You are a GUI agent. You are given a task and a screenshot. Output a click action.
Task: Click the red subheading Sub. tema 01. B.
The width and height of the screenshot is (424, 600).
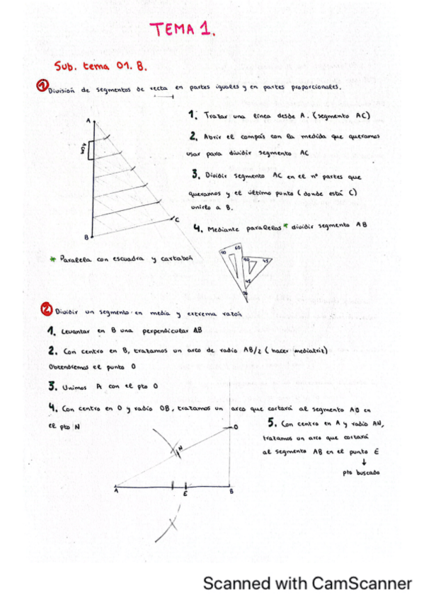99,66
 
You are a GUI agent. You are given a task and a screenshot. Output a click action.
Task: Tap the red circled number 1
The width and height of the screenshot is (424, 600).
42,86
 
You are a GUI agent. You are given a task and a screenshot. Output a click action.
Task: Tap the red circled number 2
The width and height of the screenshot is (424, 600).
45,309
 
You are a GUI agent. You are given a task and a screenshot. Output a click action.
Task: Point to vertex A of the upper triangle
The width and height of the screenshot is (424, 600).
88,121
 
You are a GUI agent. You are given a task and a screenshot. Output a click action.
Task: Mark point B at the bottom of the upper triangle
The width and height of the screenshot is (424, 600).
86,236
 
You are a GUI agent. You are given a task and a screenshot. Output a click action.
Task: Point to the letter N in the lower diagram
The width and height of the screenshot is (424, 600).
180,448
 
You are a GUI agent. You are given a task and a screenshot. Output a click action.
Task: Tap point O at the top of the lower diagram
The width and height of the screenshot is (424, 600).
236,427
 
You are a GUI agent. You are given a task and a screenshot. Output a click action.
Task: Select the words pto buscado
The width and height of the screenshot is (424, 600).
360,473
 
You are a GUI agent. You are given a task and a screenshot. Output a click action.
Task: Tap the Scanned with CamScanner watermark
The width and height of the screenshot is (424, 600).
306,584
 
